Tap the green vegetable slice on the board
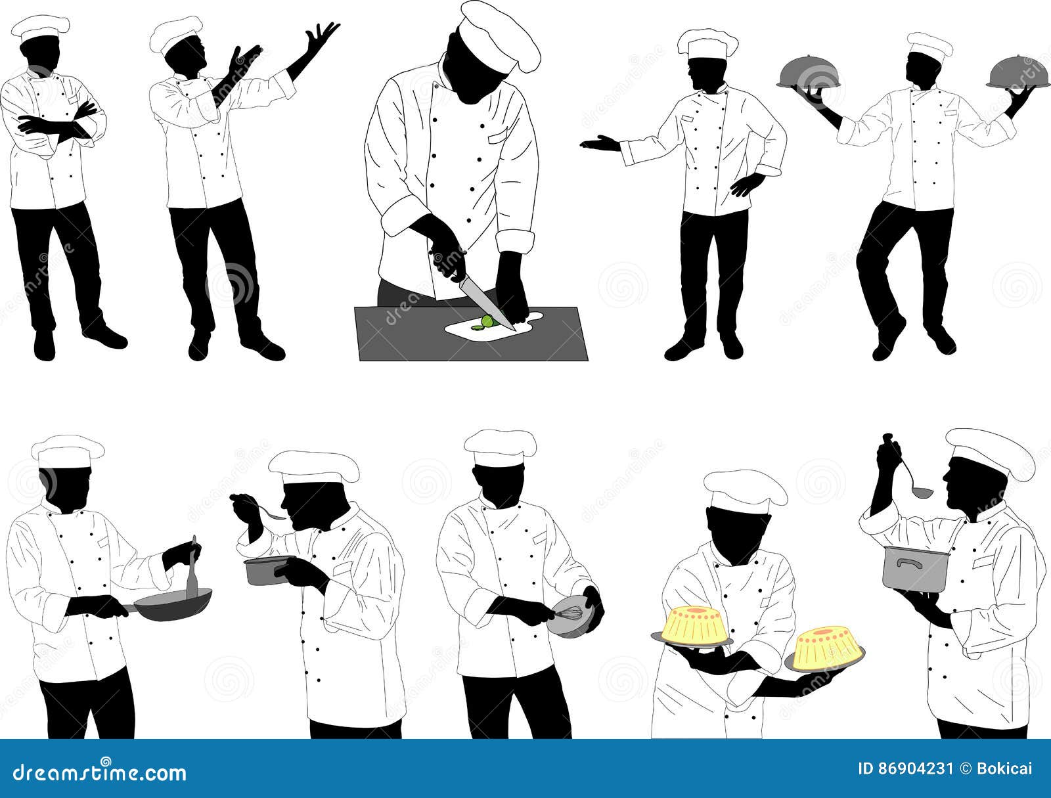pyautogui.click(x=486, y=321)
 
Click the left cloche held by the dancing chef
pyautogui.click(x=807, y=74)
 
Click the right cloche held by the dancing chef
pyautogui.click(x=1016, y=73)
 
